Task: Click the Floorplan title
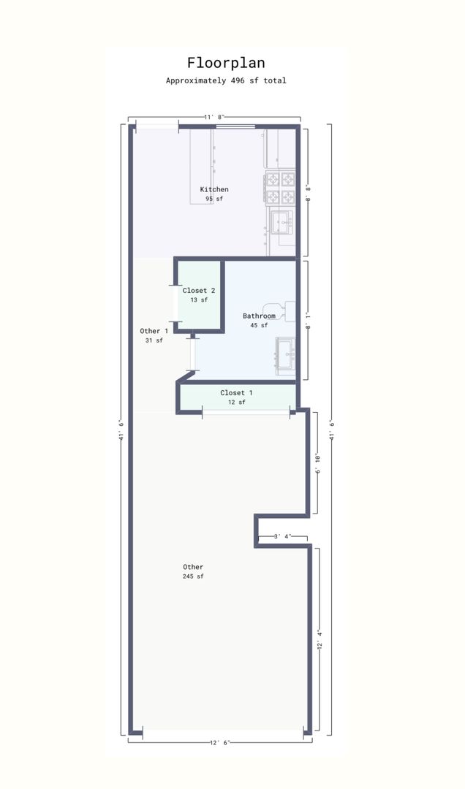pyautogui.click(x=226, y=63)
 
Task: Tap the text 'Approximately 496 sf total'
pyautogui.click(x=226, y=80)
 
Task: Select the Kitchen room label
pyautogui.click(x=214, y=189)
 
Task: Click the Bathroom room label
pyautogui.click(x=259, y=316)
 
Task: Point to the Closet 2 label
pyautogui.click(x=199, y=290)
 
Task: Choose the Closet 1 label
pyautogui.click(x=236, y=392)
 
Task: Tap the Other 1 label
pyautogui.click(x=154, y=331)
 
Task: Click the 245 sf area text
pyautogui.click(x=194, y=576)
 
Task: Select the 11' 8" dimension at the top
pyautogui.click(x=215, y=117)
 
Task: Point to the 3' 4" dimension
pyautogui.click(x=283, y=536)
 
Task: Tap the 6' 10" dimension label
pyautogui.click(x=318, y=463)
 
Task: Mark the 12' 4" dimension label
pyautogui.click(x=320, y=639)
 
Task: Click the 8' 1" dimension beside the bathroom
pyautogui.click(x=308, y=320)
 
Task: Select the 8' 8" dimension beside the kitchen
pyautogui.click(x=308, y=193)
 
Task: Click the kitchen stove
pyautogui.click(x=279, y=188)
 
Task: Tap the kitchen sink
pyautogui.click(x=281, y=222)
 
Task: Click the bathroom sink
pyautogui.click(x=286, y=355)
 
